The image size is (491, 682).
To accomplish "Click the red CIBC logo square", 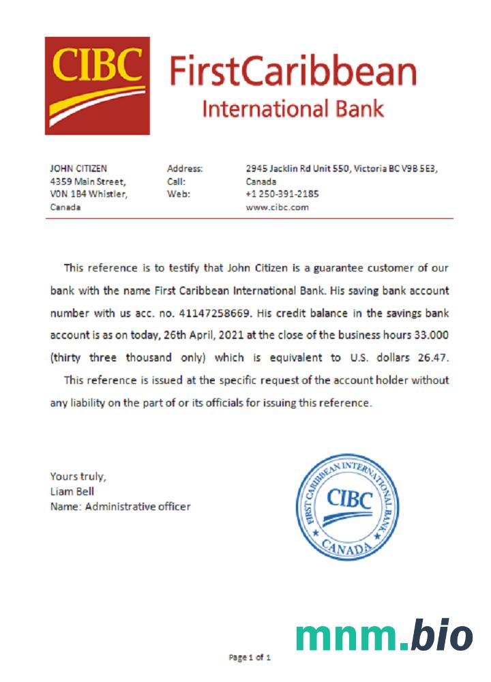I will pos(98,85).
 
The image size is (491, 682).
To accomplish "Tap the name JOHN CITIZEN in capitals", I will pos(78,168).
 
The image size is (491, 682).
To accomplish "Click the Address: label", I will pos(185,168).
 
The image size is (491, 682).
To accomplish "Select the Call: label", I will pos(176,181).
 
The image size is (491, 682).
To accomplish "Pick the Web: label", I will pos(177,194).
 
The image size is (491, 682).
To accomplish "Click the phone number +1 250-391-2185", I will pos(282,194).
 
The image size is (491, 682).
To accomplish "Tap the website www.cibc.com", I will pos(277,207).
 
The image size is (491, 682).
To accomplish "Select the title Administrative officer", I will pos(138,506).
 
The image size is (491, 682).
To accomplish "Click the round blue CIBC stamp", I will pos(348,506).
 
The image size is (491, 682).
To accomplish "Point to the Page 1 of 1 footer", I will pos(250,658).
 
